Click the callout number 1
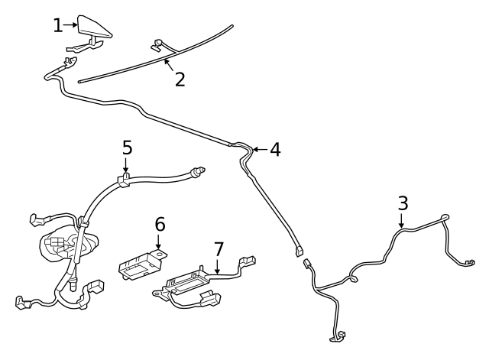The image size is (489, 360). click(x=58, y=25)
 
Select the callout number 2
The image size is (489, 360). click(x=180, y=79)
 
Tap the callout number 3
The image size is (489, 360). click(x=403, y=203)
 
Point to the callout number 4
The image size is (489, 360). click(x=275, y=150)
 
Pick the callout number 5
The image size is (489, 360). click(x=128, y=148)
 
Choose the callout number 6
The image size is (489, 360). click(x=160, y=224)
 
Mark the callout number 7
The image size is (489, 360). click(x=219, y=249)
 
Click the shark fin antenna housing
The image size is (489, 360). click(x=95, y=28)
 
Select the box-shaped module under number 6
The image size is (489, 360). click(x=140, y=265)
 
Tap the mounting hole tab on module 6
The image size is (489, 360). click(x=160, y=255)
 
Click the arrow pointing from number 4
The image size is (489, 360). click(x=260, y=150)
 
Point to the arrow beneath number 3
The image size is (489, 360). click(x=402, y=220)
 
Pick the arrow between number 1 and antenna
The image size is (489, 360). click(x=70, y=25)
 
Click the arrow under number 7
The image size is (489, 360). click(x=217, y=266)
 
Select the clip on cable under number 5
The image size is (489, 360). click(x=124, y=180)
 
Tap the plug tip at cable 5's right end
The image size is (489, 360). click(x=199, y=170)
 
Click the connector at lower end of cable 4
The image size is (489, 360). click(x=299, y=251)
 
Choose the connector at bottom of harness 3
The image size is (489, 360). click(x=338, y=337)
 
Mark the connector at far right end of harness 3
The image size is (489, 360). click(x=469, y=263)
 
